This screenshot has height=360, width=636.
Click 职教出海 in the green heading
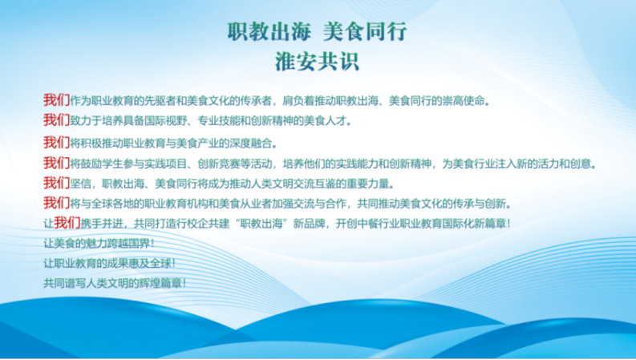(x=269, y=31)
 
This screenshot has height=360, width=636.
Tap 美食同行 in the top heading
(x=365, y=31)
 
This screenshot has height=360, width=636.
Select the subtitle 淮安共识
(x=317, y=62)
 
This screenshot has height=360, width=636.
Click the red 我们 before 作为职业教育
(x=56, y=99)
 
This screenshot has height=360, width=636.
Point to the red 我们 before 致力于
(x=56, y=119)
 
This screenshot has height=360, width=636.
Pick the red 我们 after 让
(x=67, y=222)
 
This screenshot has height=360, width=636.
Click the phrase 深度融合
(x=251, y=144)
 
